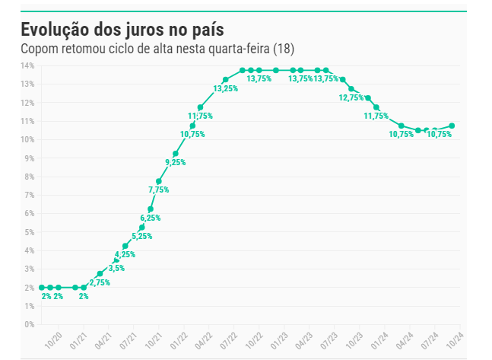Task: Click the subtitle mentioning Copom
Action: click(157, 49)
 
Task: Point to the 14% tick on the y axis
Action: click(27, 65)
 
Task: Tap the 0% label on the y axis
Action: click(29, 324)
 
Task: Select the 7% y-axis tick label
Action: click(29, 195)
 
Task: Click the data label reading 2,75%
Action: click(100, 282)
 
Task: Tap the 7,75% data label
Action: click(158, 190)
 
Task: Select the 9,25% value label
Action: click(175, 162)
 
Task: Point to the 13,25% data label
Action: click(226, 88)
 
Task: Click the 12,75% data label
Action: click(351, 97)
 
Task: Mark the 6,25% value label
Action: click(150, 217)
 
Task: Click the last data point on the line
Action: click(452, 126)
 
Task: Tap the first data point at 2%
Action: click(41, 288)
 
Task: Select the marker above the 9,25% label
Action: click(176, 154)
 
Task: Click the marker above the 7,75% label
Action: click(159, 181)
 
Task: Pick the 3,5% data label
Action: click(116, 268)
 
